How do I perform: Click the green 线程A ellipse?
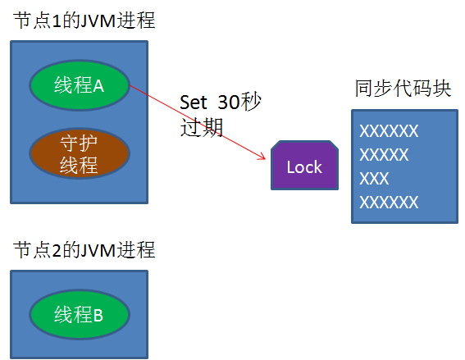click(79, 85)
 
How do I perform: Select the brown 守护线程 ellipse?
click(79, 153)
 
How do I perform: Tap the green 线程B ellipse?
click(79, 314)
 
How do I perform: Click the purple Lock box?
click(304, 166)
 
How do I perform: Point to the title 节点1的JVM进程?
click(84, 21)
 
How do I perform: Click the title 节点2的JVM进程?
click(84, 249)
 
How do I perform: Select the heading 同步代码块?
click(403, 89)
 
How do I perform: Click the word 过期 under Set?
click(201, 128)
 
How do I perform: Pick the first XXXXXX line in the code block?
click(389, 131)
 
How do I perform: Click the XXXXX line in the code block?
click(384, 155)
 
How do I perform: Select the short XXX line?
click(375, 179)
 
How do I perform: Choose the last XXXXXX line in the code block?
click(389, 202)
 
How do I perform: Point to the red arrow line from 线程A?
click(197, 121)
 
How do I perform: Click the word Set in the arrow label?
click(194, 104)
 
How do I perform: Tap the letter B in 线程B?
click(98, 315)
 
